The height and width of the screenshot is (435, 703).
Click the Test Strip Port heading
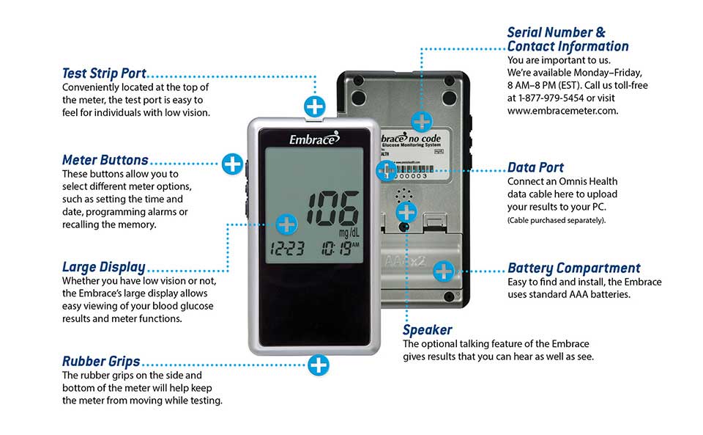tap(104, 73)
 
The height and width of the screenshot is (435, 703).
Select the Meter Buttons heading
tap(105, 159)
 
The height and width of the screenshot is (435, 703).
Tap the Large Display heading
tap(103, 267)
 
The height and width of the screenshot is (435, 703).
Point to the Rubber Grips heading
tap(101, 361)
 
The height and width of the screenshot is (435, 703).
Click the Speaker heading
tap(427, 330)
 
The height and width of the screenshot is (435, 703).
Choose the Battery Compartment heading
tap(573, 268)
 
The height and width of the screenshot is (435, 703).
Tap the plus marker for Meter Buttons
tap(232, 163)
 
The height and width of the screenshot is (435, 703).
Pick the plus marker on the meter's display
tap(287, 224)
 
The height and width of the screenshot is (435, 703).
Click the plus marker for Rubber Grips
tap(318, 364)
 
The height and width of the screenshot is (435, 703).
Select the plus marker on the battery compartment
tap(443, 271)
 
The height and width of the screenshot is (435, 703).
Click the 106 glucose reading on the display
tap(332, 208)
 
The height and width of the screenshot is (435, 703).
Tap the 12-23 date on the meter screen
tap(286, 248)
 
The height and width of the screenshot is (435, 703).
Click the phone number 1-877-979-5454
tap(556, 98)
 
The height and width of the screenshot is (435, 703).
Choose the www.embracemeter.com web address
tap(562, 111)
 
